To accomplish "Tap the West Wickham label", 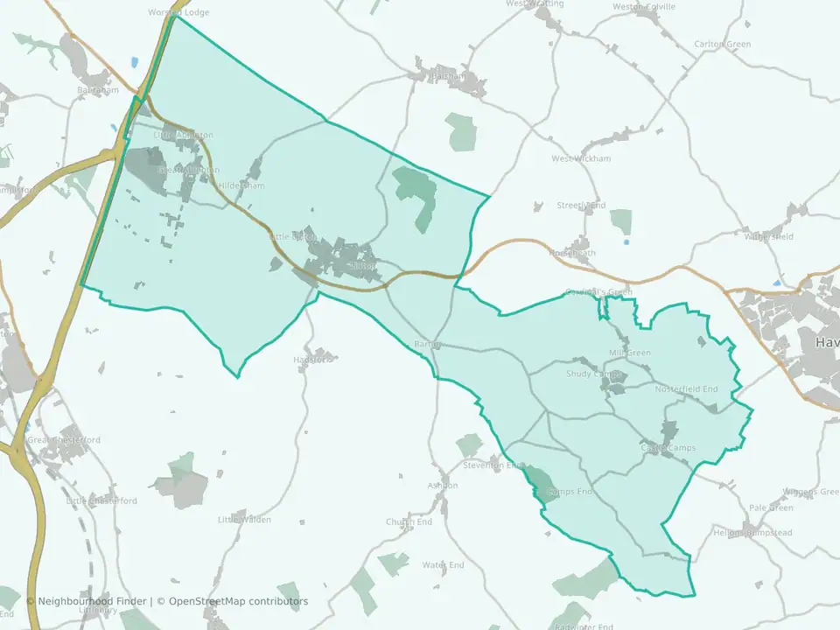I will [x=580, y=158].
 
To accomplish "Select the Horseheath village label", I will [x=572, y=253].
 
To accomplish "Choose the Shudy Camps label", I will [x=593, y=374].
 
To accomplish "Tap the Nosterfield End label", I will [x=686, y=388].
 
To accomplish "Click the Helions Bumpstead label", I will [x=752, y=533].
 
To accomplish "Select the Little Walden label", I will [x=244, y=520].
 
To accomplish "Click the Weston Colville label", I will [x=644, y=6].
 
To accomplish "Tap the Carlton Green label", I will [x=722, y=44].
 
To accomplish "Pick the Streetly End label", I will [x=581, y=206].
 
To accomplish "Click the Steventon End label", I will [x=491, y=465].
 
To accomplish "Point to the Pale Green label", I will [x=771, y=507].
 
